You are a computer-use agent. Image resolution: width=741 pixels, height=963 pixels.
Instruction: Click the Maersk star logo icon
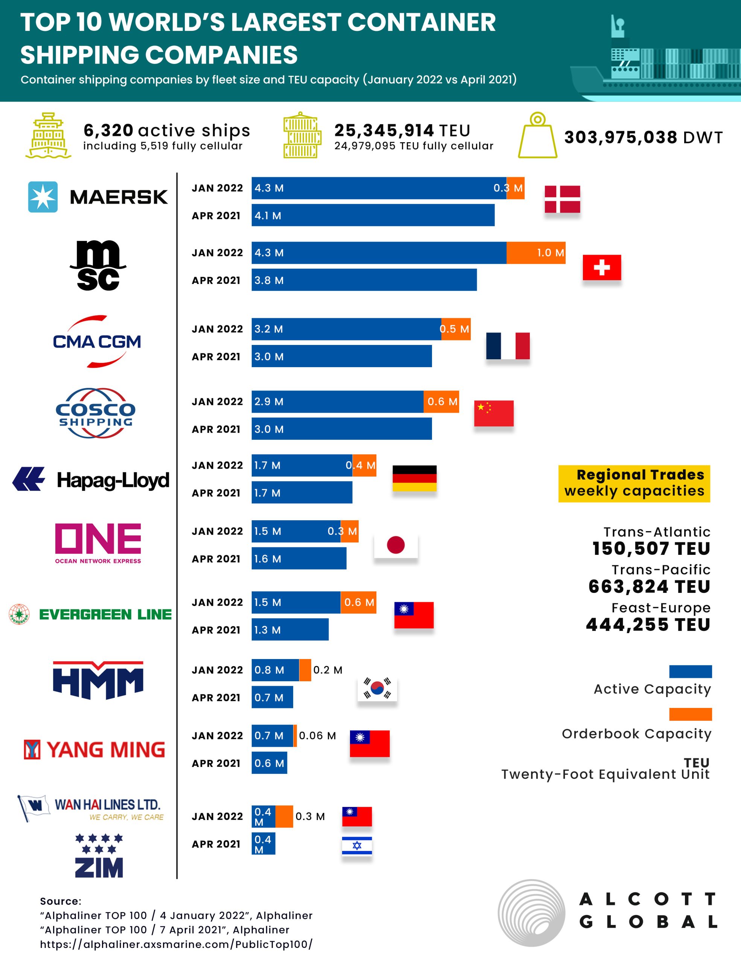[x=43, y=197]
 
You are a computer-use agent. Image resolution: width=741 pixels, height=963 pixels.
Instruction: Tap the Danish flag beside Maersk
[x=562, y=199]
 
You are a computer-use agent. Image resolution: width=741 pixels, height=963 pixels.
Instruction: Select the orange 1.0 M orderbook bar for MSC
[x=536, y=253]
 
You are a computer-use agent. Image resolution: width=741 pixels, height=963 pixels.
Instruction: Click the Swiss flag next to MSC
[x=602, y=267]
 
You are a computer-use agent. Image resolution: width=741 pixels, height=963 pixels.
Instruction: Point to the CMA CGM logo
[x=97, y=341]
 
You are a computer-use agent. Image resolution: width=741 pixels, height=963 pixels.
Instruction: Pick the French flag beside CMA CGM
[x=508, y=346]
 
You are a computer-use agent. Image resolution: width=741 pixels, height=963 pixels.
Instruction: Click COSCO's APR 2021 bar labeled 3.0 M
[x=341, y=429]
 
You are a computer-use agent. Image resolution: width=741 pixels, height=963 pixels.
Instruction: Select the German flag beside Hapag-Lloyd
[x=414, y=478]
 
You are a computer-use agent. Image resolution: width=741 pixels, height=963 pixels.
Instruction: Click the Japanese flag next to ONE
[x=396, y=545]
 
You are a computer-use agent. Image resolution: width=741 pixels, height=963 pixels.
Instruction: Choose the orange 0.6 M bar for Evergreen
[x=358, y=602]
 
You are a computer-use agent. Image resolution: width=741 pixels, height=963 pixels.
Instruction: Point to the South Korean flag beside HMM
[x=377, y=688]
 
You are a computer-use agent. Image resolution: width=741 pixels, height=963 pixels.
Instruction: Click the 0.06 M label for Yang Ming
[x=317, y=735]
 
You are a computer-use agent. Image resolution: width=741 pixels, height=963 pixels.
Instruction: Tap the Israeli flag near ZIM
[x=357, y=845]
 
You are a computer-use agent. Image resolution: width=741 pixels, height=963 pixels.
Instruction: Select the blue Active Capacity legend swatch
[x=690, y=671]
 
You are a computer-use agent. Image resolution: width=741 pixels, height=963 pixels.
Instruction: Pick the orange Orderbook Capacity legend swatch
[x=690, y=714]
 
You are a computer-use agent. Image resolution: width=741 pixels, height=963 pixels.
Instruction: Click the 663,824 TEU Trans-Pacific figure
[x=649, y=586]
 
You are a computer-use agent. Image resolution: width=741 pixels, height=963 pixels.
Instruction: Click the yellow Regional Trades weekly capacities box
[x=634, y=483]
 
